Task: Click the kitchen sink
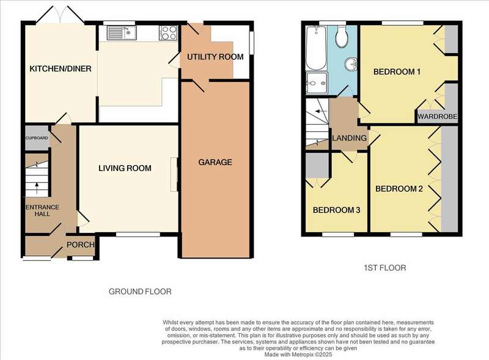pos(121,32)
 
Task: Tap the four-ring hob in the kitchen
pos(169,32)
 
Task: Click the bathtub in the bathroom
pos(316,48)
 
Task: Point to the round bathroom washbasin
pos(351,65)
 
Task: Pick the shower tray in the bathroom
pos(317,83)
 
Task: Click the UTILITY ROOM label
pos(215,57)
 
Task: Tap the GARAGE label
pos(215,162)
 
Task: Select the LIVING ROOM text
pos(125,168)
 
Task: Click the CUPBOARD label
pos(37,138)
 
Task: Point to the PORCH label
pos(81,244)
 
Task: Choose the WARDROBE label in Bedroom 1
pos(437,117)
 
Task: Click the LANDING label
pos(349,138)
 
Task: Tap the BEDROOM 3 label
pos(337,210)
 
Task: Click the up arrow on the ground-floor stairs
pos(37,188)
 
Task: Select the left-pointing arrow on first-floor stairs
pos(321,111)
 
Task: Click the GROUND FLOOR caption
pos(140,292)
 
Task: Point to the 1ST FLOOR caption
pos(385,268)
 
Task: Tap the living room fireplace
pos(174,175)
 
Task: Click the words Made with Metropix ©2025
pos(298,354)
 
